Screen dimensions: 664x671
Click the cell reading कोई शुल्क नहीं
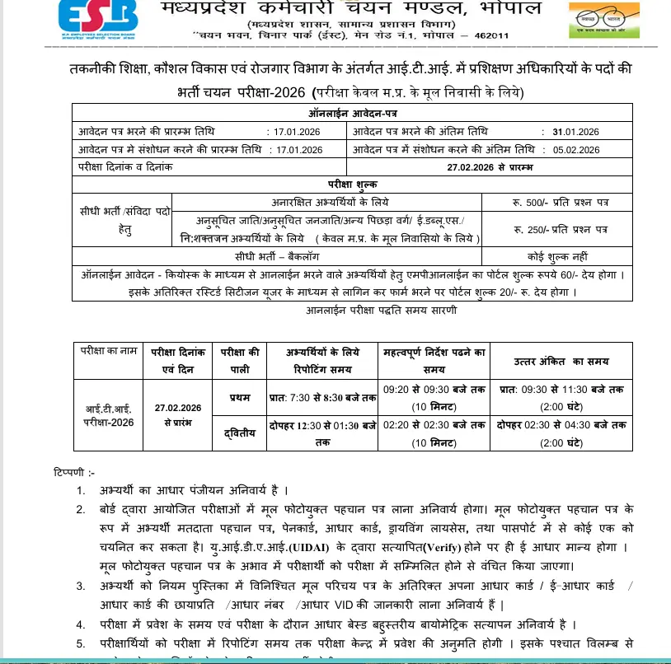coord(558,256)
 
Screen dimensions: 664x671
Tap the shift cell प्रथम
coord(240,398)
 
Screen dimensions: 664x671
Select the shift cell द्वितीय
coord(240,433)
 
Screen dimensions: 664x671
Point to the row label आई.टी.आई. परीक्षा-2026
coord(108,416)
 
